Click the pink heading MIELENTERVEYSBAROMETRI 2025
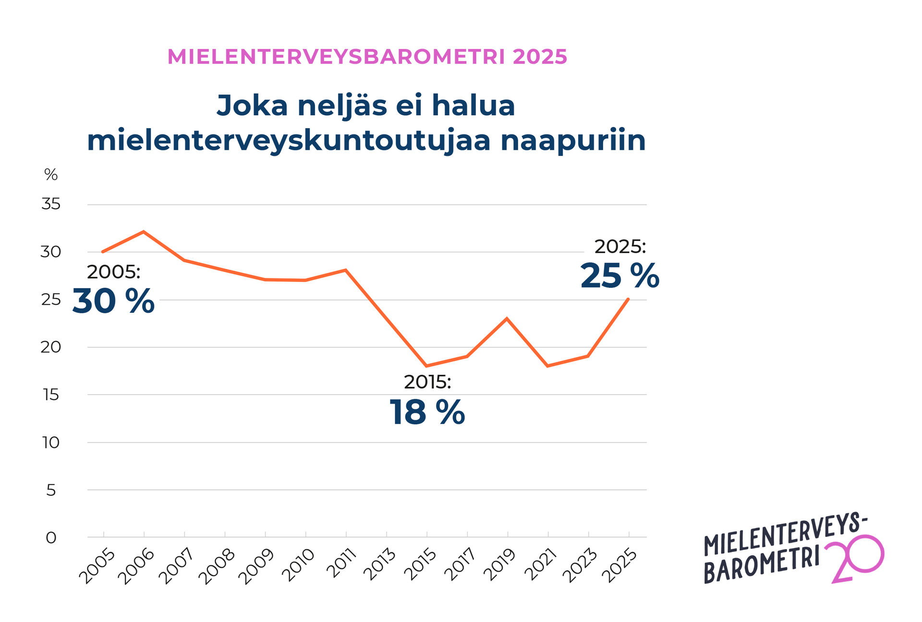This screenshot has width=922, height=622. pyautogui.click(x=367, y=57)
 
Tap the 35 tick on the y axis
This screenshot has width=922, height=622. pyautogui.click(x=51, y=204)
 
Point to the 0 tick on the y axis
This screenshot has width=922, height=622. pyautogui.click(x=51, y=538)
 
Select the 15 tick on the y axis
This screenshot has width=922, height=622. pyautogui.click(x=51, y=395)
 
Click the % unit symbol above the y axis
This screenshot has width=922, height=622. pyautogui.click(x=51, y=175)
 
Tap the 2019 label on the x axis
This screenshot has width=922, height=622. pyautogui.click(x=500, y=566)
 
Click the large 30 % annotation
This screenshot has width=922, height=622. pyautogui.click(x=113, y=301)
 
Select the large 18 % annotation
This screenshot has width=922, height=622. pyautogui.click(x=427, y=412)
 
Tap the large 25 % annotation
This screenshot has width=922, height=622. pyautogui.click(x=619, y=276)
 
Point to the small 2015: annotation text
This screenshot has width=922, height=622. pyautogui.click(x=427, y=382)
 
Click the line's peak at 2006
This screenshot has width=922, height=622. pyautogui.click(x=144, y=232)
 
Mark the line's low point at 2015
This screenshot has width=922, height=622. pyautogui.click(x=426, y=366)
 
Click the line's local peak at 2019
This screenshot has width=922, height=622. pyautogui.click(x=507, y=319)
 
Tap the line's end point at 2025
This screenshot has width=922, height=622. pyautogui.click(x=628, y=299)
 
